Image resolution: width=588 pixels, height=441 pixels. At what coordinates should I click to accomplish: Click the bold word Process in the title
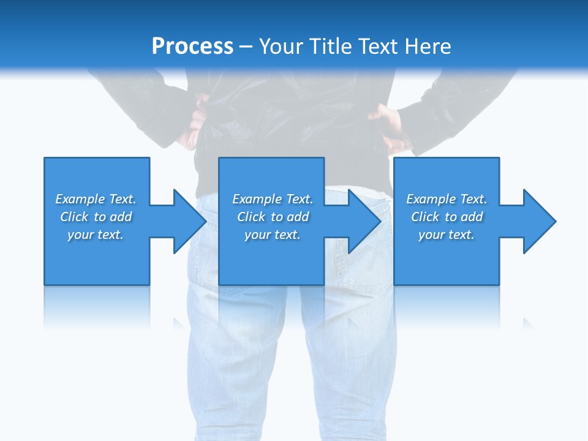click(x=192, y=47)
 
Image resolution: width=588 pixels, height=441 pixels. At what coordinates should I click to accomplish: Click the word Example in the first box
click(x=80, y=199)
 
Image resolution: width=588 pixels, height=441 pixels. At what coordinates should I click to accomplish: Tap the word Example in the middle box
click(x=257, y=199)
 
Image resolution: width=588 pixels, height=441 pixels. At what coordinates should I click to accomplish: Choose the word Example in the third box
click(x=431, y=199)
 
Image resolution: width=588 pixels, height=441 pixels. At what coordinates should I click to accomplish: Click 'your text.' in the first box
click(x=96, y=235)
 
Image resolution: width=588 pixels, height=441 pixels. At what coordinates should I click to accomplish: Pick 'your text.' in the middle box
click(x=273, y=235)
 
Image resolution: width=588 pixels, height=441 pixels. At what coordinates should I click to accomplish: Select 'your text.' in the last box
click(x=447, y=235)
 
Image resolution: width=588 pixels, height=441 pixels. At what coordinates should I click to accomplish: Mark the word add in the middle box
click(x=298, y=217)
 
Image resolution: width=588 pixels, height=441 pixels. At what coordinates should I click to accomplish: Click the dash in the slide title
click(x=246, y=47)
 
